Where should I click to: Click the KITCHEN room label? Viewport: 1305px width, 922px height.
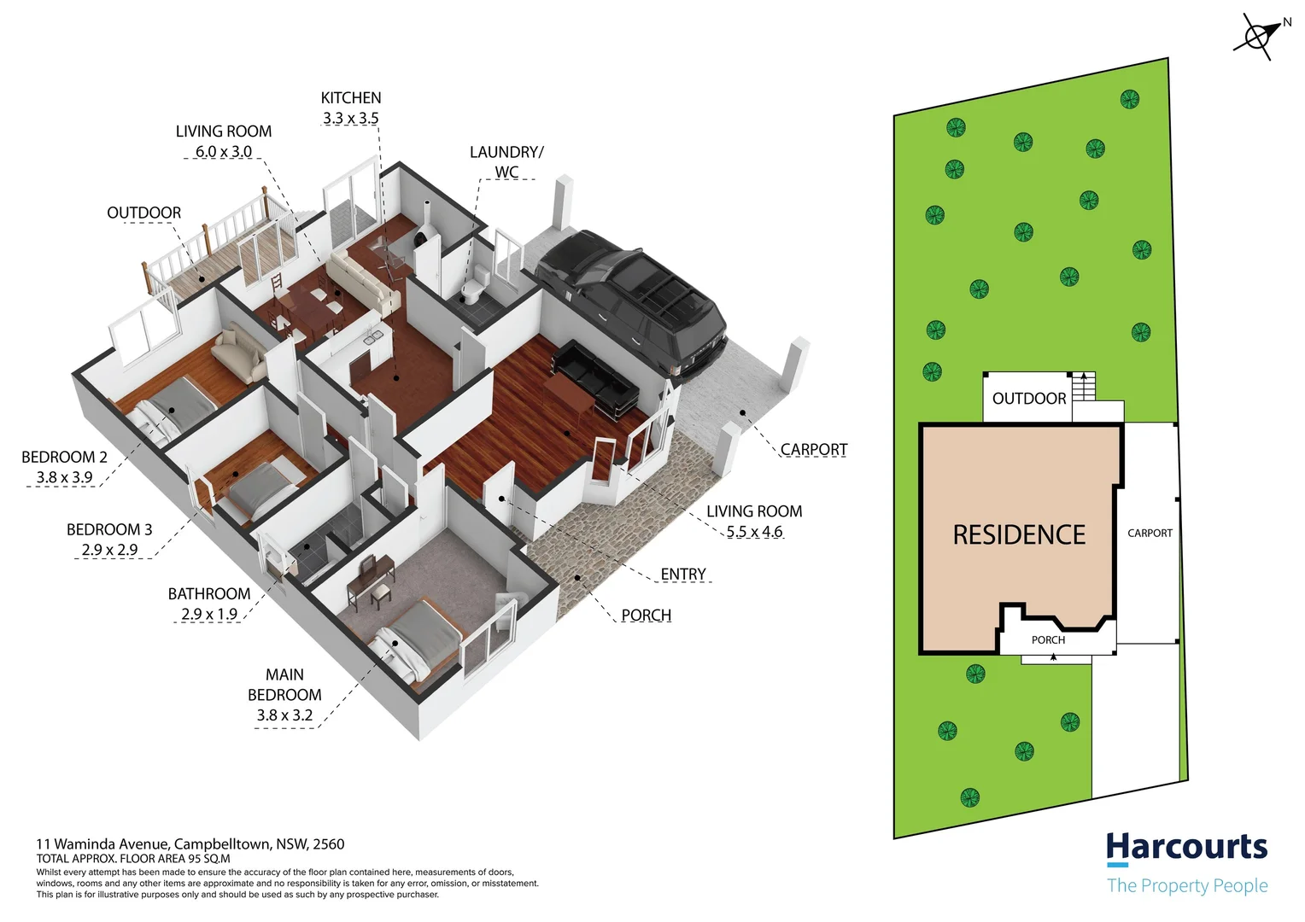pyautogui.click(x=351, y=98)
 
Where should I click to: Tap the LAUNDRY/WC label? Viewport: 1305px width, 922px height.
pyautogui.click(x=506, y=161)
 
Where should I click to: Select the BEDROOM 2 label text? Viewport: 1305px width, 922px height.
pyautogui.click(x=64, y=458)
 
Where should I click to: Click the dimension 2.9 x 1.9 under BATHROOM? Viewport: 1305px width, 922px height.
pyautogui.click(x=209, y=615)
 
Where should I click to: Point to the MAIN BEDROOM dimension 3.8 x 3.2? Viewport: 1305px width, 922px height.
pyautogui.click(x=284, y=715)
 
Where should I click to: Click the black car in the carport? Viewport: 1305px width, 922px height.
pyautogui.click(x=636, y=299)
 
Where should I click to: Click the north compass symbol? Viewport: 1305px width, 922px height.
pyautogui.click(x=1258, y=37)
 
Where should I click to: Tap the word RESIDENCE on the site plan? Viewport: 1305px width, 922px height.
pyautogui.click(x=1019, y=535)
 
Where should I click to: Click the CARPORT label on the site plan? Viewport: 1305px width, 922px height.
pyautogui.click(x=1150, y=534)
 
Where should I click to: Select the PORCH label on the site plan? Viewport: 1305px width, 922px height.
pyautogui.click(x=1048, y=640)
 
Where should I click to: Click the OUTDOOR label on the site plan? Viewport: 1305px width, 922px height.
pyautogui.click(x=1028, y=399)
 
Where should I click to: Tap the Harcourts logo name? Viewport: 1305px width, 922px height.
pyautogui.click(x=1186, y=847)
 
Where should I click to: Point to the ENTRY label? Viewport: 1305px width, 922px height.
pyautogui.click(x=683, y=575)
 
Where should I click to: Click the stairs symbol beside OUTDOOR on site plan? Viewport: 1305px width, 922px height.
pyautogui.click(x=1084, y=386)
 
